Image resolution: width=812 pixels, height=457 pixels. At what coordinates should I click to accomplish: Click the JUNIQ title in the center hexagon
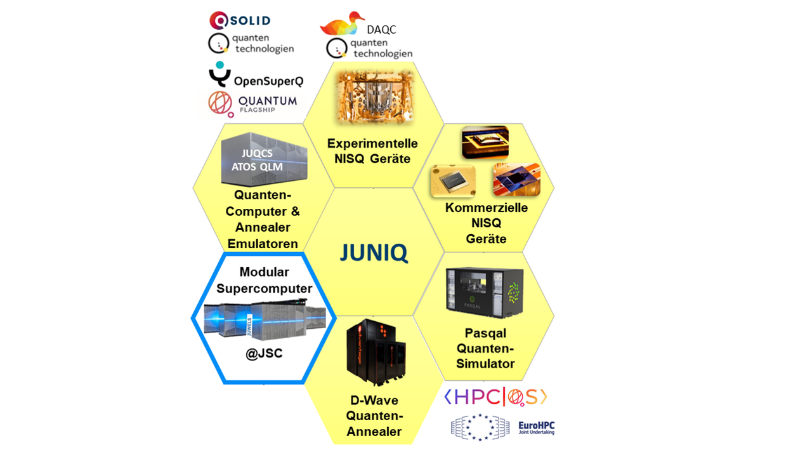point(374,253)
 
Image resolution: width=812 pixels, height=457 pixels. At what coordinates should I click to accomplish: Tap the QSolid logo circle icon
point(218,21)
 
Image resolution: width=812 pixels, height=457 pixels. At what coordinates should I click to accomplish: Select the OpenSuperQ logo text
point(268,81)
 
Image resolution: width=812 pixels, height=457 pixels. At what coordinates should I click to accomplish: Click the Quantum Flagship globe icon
point(221,104)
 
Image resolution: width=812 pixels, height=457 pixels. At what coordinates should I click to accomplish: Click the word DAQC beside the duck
point(381,30)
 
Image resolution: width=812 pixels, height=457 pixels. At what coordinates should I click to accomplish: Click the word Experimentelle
point(372,143)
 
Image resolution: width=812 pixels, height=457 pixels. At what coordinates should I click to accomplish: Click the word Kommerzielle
point(486,208)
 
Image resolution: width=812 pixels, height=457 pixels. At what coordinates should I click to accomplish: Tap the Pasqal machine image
point(484,290)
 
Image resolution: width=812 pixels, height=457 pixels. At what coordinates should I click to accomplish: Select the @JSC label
point(264,354)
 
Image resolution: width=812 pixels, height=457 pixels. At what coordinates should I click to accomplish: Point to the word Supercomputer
point(265,288)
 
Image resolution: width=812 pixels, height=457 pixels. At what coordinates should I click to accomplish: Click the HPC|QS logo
point(495,397)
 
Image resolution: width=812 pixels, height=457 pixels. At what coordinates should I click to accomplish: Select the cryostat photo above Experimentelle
point(373,96)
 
